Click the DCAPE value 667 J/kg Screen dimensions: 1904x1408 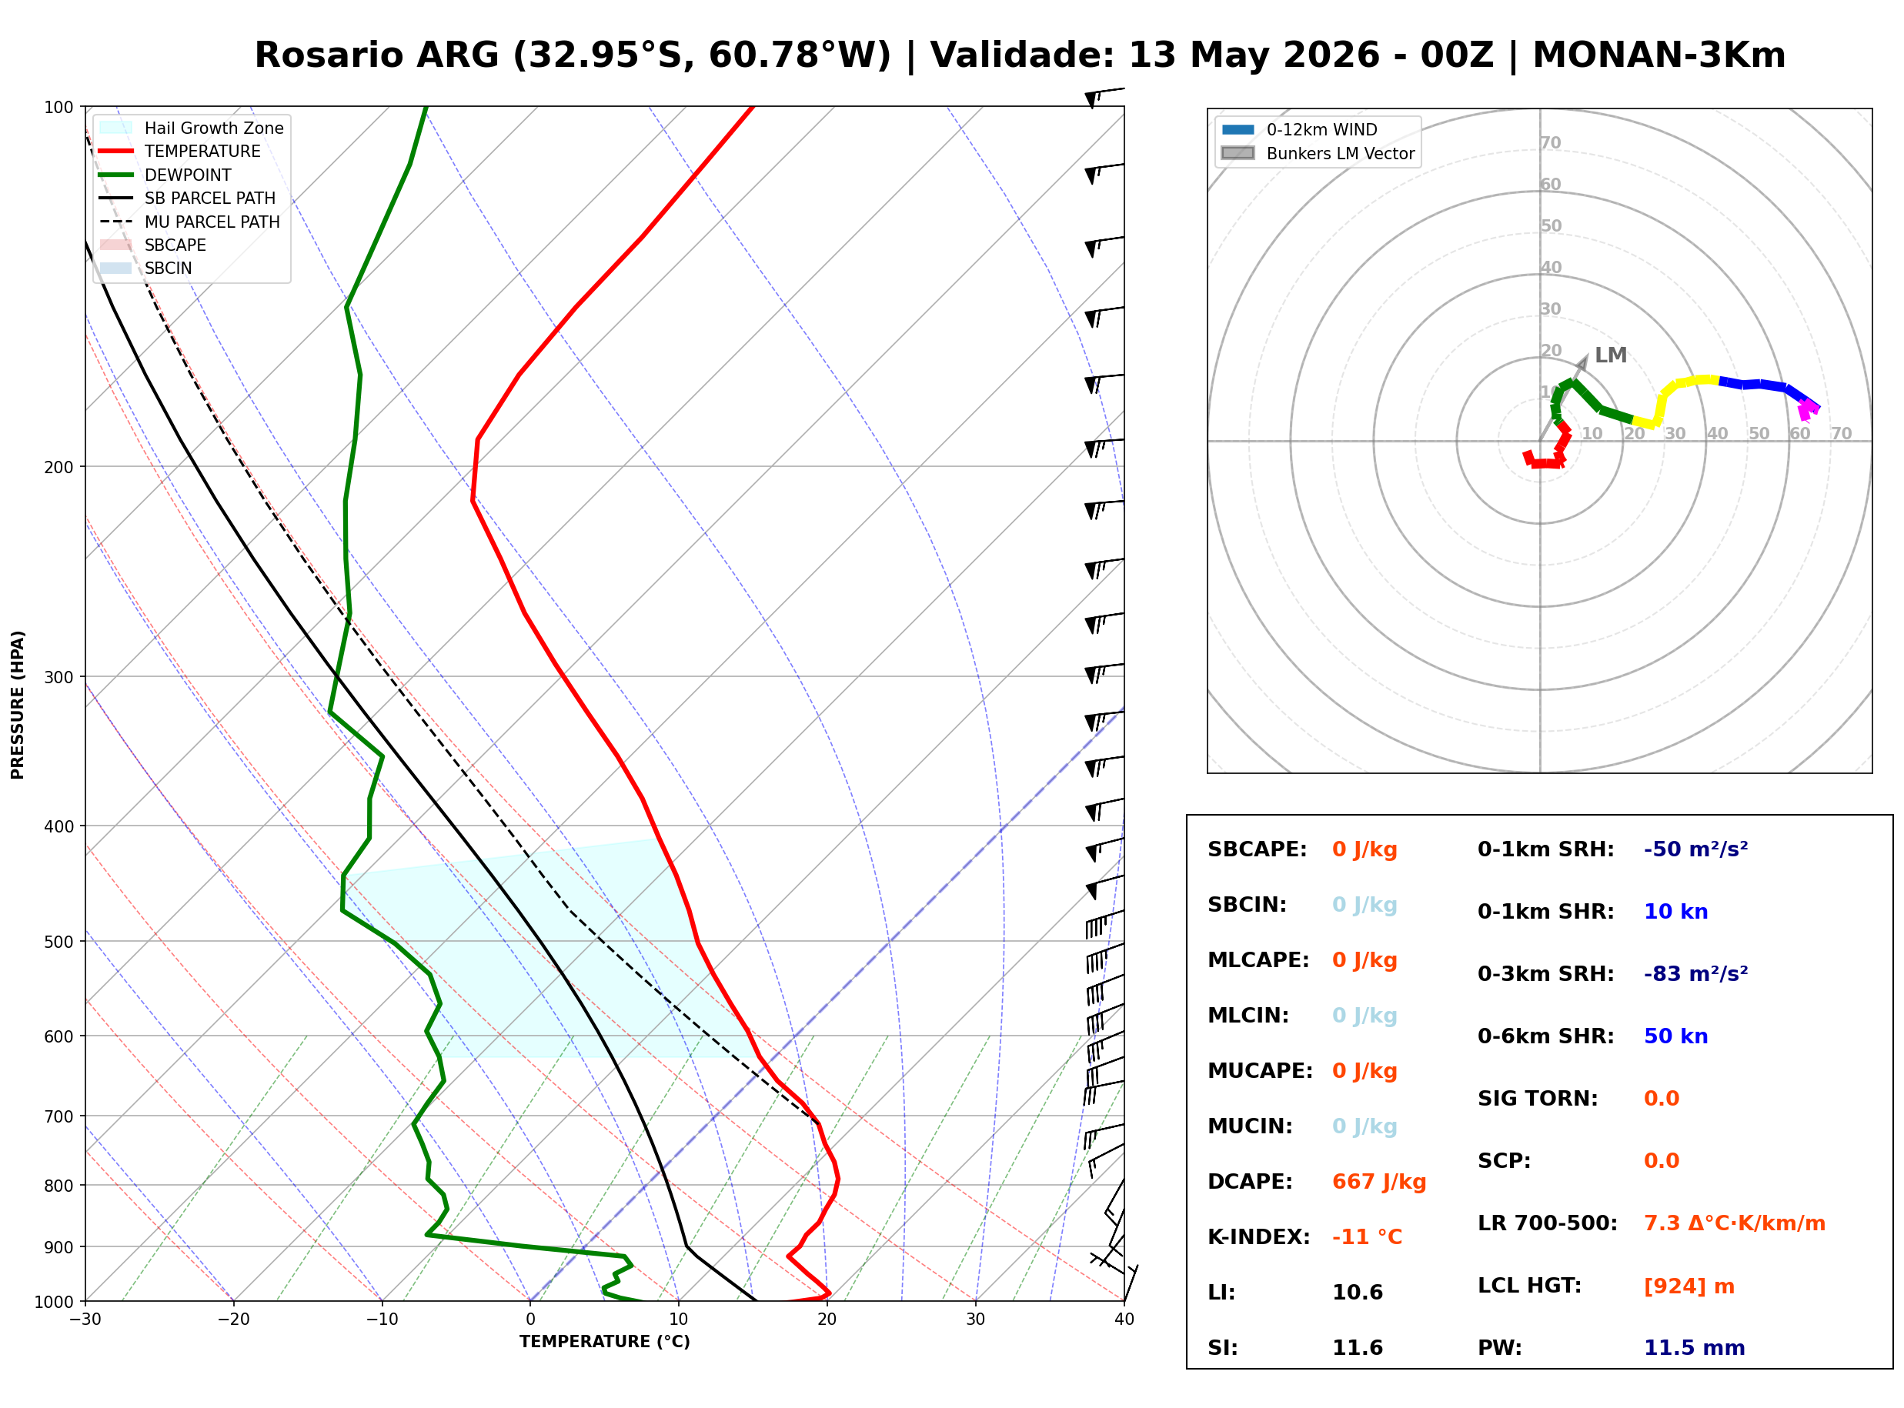point(1378,1181)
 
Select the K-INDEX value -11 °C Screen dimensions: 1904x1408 point(1367,1236)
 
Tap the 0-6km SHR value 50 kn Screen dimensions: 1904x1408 point(1675,1036)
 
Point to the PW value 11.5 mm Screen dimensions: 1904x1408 point(1695,1347)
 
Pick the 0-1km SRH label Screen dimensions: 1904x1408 point(1546,849)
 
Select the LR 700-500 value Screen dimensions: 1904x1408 point(1735,1223)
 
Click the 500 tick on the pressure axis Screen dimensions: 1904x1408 point(60,942)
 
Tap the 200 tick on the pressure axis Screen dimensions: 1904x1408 point(60,467)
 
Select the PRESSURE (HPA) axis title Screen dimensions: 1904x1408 point(18,705)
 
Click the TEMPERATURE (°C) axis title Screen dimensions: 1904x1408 point(605,1342)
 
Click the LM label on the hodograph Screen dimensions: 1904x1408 point(1611,355)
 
